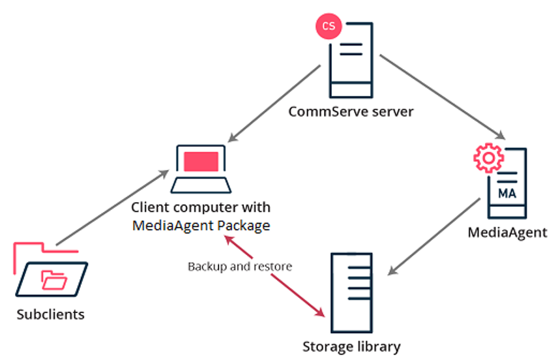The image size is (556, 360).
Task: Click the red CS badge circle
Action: click(329, 26)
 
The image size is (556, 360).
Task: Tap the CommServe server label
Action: click(351, 112)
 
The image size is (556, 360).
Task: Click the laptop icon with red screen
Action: click(201, 169)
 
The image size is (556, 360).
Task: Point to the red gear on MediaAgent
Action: click(486, 158)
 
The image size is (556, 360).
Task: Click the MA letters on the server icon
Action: click(506, 194)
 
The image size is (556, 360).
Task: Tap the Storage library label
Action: click(351, 346)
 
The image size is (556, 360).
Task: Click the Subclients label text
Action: click(51, 314)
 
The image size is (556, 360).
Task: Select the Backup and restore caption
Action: click(240, 266)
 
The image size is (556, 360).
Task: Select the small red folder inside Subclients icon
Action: click(53, 280)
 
